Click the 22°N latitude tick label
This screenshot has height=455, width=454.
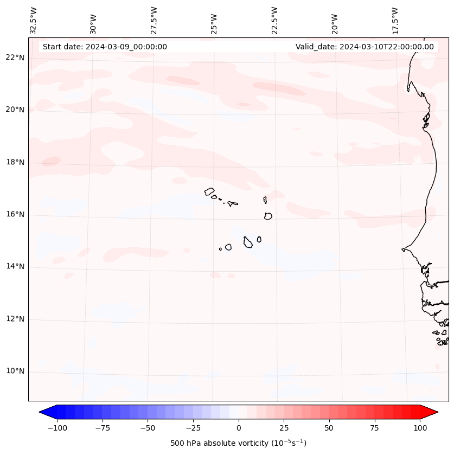15,57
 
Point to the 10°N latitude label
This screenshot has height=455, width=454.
15,371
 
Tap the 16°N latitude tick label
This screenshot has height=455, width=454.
15,214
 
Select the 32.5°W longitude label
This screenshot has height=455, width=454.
34,21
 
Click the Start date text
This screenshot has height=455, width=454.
105,47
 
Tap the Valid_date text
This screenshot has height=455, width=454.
365,47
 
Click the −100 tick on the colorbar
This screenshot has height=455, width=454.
57,428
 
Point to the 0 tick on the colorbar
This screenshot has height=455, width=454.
239,428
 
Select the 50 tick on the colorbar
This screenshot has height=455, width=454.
329,428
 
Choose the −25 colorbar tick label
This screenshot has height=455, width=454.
193,428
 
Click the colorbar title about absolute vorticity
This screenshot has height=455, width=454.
239,443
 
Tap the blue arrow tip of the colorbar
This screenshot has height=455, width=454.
41,413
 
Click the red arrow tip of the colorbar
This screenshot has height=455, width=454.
436,413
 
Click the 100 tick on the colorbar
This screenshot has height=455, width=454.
420,428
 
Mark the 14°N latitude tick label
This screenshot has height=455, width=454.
15,266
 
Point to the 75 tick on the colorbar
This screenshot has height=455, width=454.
374,428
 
